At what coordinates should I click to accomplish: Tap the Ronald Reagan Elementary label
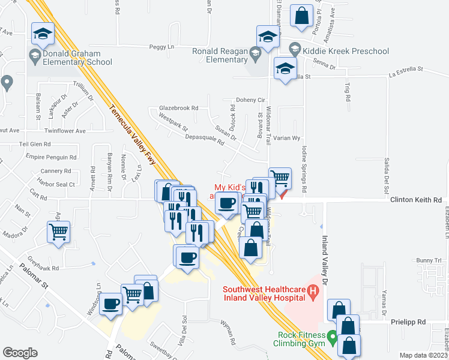(220, 55)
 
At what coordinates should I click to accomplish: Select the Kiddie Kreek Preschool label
(346, 50)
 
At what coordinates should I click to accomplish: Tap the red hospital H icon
(312, 292)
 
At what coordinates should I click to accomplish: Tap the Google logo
(20, 353)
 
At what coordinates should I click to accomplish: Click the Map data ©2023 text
(424, 355)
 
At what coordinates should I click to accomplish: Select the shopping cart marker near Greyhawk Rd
(59, 232)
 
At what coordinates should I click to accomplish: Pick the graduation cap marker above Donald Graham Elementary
(43, 33)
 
